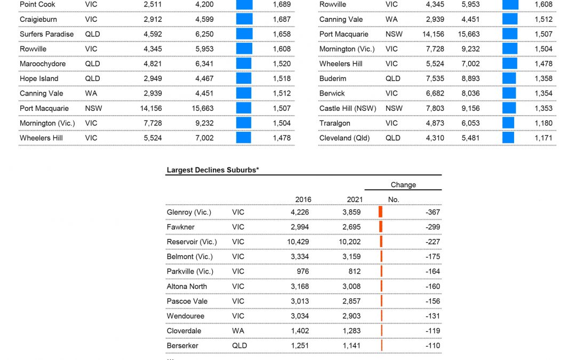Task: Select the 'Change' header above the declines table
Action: point(403,185)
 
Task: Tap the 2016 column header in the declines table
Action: point(303,199)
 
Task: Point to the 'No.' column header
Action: point(394,199)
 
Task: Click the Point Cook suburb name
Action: point(37,4)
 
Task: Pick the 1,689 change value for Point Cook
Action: point(281,4)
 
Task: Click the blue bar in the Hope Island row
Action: point(244,78)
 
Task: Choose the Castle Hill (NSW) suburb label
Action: point(348,108)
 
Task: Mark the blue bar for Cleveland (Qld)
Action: point(508,138)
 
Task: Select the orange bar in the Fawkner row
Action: point(381,227)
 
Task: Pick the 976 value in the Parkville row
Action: point(302,271)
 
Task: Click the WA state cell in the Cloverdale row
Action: point(238,331)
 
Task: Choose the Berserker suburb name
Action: point(182,346)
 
